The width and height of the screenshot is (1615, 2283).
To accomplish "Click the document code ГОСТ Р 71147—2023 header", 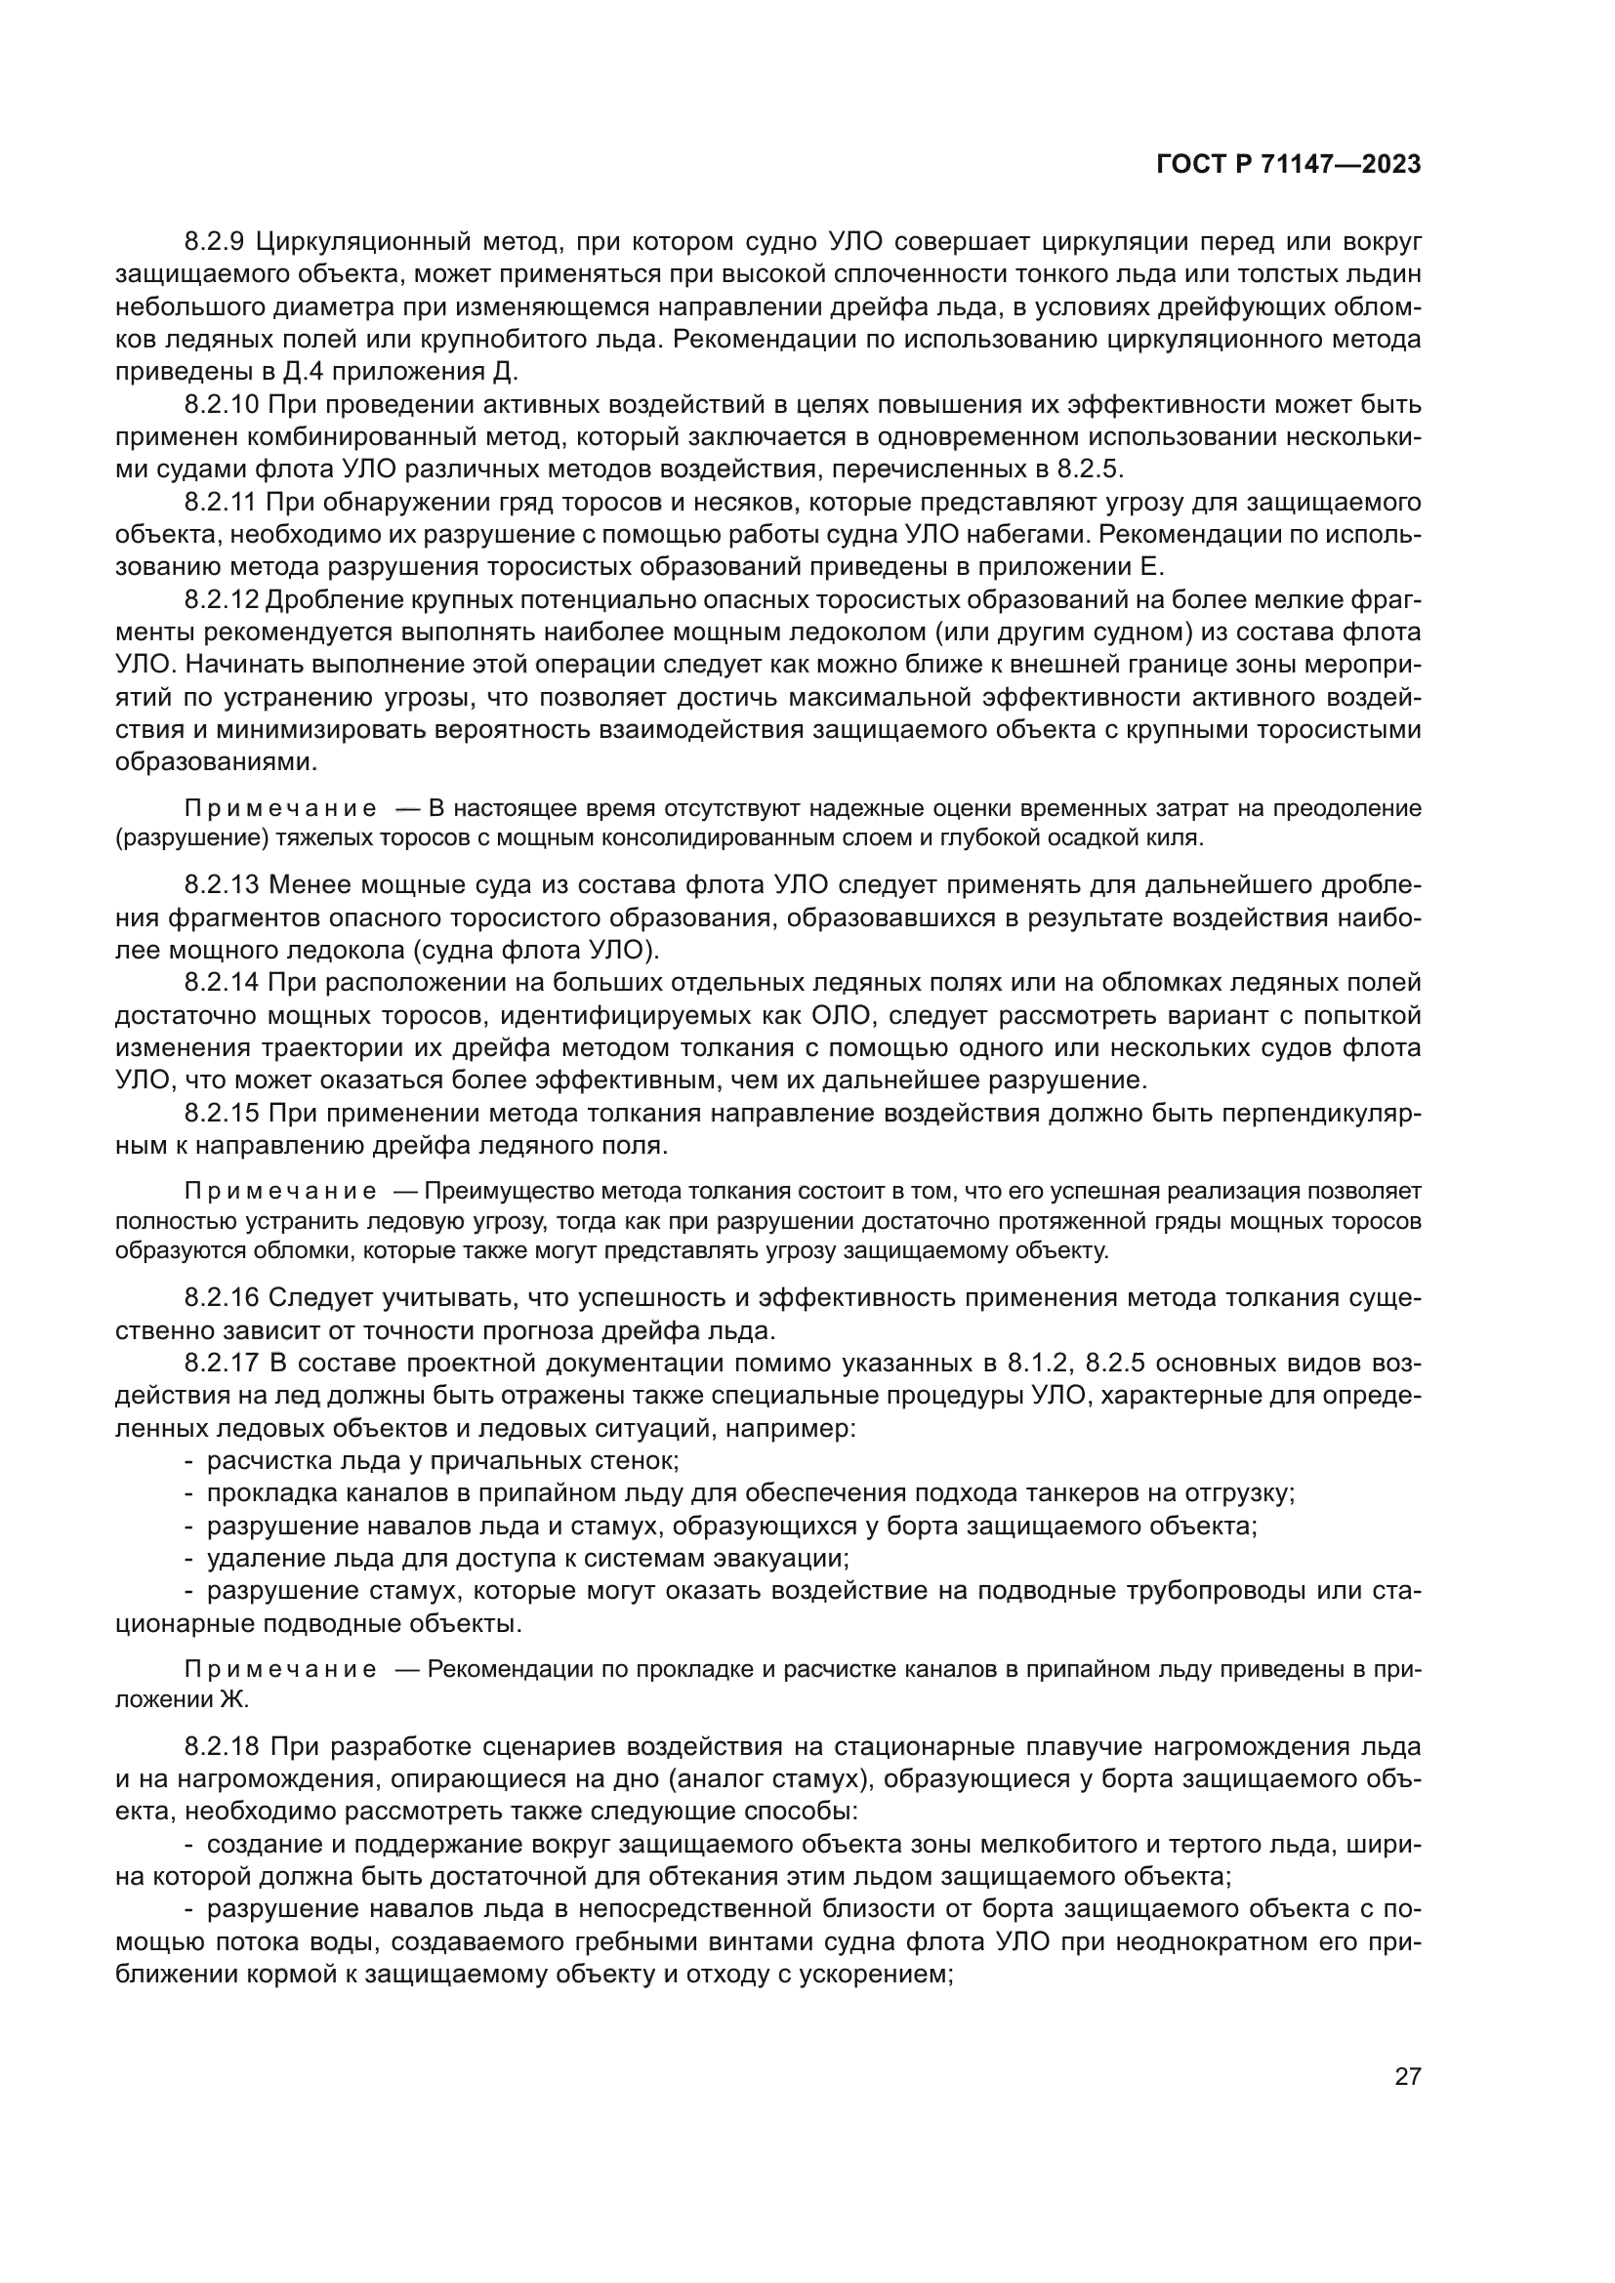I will pyautogui.click(x=1289, y=165).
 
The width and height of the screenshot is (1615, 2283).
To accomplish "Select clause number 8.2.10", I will pyautogui.click(x=222, y=405).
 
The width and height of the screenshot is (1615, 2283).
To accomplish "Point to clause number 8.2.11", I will pyautogui.click(x=221, y=502).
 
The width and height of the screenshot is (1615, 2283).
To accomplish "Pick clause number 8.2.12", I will pyautogui.click(x=221, y=599).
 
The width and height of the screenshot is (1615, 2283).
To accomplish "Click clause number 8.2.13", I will pyautogui.click(x=222, y=885).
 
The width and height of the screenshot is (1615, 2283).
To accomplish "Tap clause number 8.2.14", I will pyautogui.click(x=222, y=983).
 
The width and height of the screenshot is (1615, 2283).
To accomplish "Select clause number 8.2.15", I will pyautogui.click(x=222, y=1113).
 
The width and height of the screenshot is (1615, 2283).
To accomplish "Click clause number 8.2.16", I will pyautogui.click(x=222, y=1298).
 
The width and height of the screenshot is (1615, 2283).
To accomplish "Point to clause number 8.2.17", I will pyautogui.click(x=222, y=1364).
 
